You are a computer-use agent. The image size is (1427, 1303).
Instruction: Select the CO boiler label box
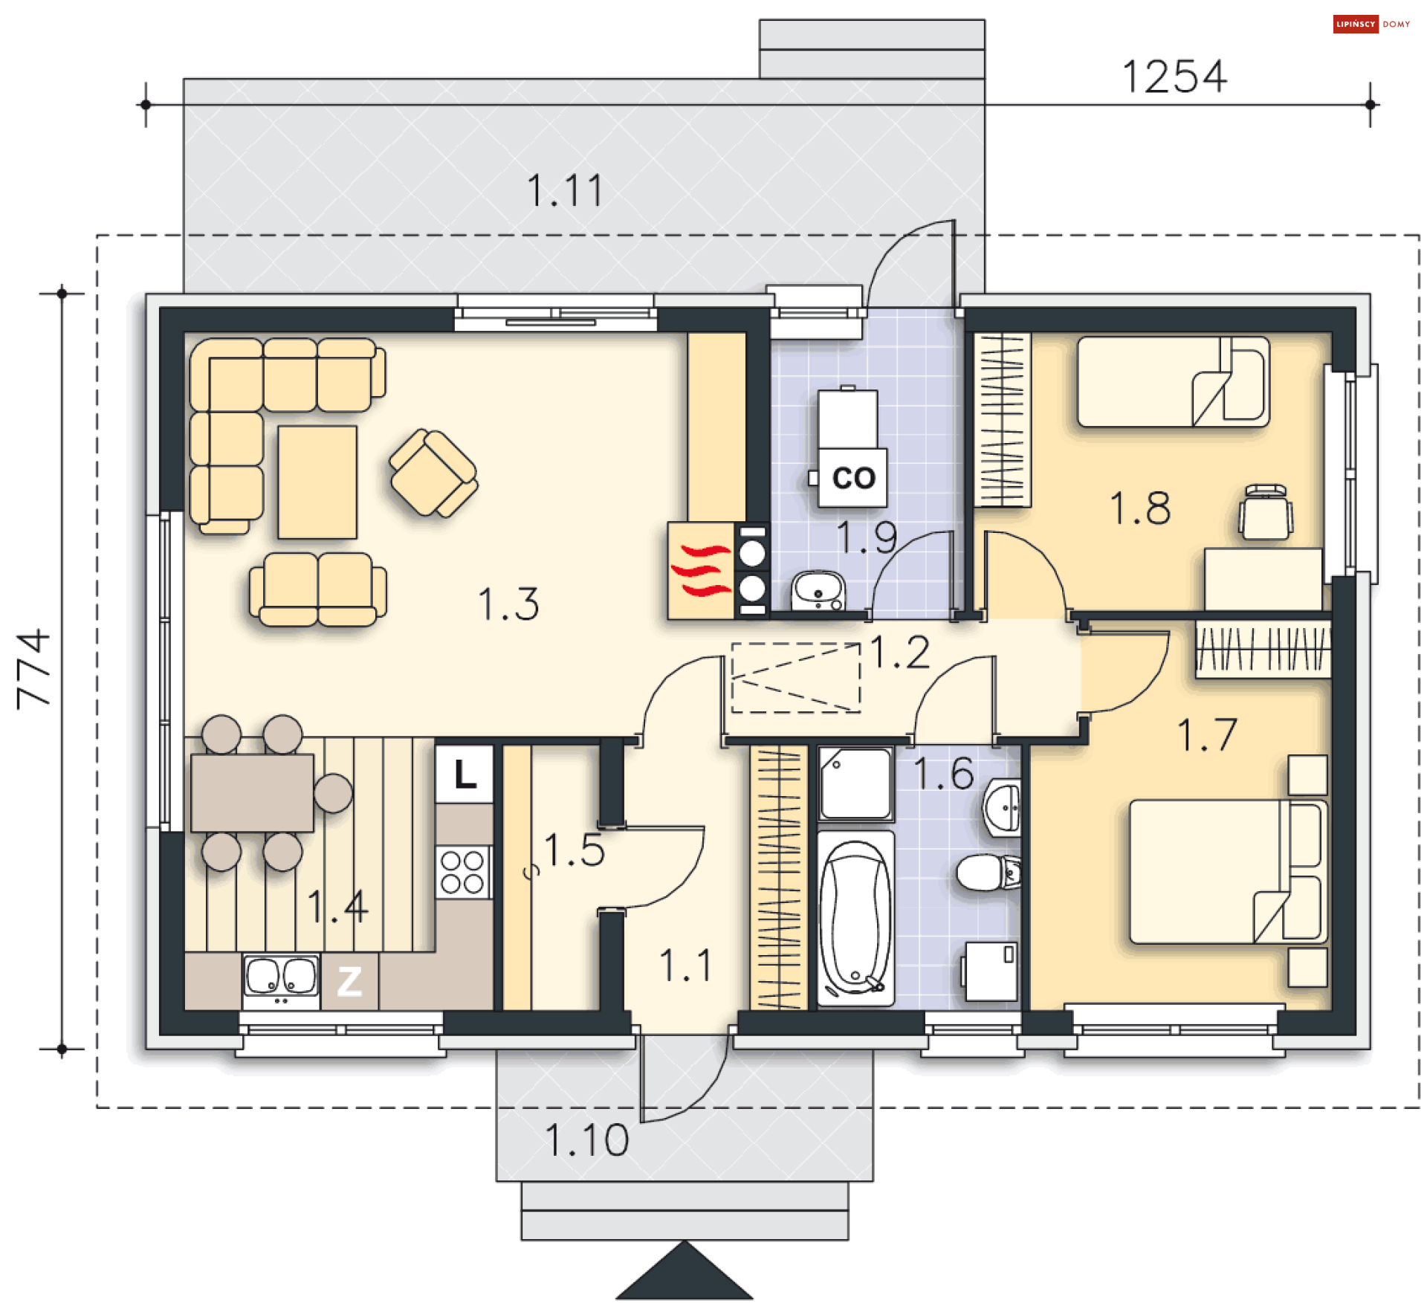pos(852,478)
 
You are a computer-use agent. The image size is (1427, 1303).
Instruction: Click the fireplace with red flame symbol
pos(701,571)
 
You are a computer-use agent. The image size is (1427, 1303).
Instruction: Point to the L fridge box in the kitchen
pos(465,775)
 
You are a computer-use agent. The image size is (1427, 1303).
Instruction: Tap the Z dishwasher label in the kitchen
pos(349,981)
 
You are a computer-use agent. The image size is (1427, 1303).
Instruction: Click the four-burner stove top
pos(462,873)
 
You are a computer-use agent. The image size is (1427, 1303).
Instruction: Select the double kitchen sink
pos(281,980)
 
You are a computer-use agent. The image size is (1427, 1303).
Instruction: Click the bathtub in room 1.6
pos(855,918)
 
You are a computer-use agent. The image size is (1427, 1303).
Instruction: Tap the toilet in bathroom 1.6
pos(988,872)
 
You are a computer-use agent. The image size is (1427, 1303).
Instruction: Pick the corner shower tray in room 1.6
pos(855,783)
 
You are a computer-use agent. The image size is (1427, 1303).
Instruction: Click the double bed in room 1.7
pos(1228,871)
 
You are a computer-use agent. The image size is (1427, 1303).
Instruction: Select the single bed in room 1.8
pos(1173,382)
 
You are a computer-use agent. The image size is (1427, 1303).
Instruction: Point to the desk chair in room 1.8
pos(1265,512)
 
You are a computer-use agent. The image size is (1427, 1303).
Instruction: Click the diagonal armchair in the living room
pos(434,473)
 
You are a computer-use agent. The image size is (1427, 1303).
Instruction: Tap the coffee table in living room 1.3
pos(317,482)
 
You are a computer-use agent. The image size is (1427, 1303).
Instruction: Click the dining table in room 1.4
pos(252,792)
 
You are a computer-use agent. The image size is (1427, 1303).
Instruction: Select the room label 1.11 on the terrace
pos(564,190)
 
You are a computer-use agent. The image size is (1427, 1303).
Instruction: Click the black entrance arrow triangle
pos(684,1272)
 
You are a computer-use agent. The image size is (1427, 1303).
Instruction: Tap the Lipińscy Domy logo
pos(1371,25)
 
